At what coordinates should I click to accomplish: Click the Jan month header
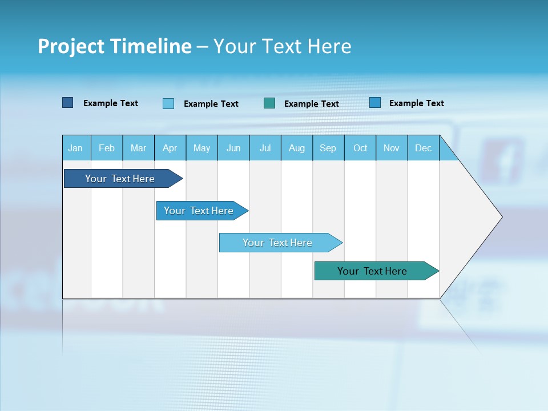(76, 148)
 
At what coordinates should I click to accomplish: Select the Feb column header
(107, 148)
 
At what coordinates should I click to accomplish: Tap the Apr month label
(170, 148)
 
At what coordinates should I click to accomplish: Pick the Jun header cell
(233, 148)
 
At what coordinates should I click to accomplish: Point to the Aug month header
(297, 148)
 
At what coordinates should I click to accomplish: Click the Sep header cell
(328, 148)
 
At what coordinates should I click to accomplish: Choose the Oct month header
(360, 148)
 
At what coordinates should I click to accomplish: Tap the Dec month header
(424, 148)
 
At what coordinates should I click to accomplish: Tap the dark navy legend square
(68, 103)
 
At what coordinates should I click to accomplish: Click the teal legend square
(269, 103)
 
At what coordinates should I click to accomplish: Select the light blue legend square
(168, 103)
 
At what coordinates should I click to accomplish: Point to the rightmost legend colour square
(375, 103)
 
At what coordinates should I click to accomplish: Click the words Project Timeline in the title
(115, 46)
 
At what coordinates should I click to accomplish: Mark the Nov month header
(392, 148)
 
